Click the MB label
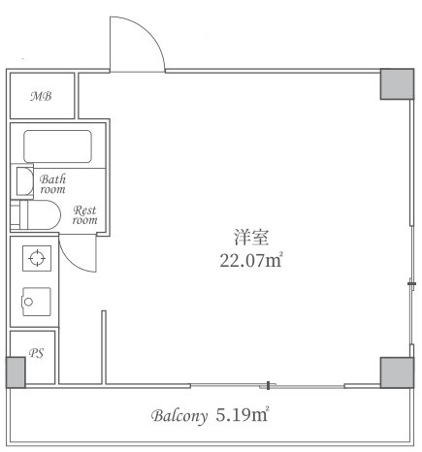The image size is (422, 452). pyautogui.click(x=40, y=96)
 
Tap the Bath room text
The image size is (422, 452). pyautogui.click(x=52, y=184)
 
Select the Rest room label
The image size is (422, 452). pyautogui.click(x=84, y=214)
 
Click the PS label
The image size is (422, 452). pyautogui.click(x=36, y=354)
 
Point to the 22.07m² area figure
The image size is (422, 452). pyautogui.click(x=250, y=259)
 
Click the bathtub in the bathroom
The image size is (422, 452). pyautogui.click(x=57, y=145)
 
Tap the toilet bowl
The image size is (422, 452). pyautogui.click(x=45, y=214)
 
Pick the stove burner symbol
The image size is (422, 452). pyautogui.click(x=36, y=258)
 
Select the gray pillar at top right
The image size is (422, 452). pyautogui.click(x=396, y=84)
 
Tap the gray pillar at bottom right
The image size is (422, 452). pyautogui.click(x=396, y=371)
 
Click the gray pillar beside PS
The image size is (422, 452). pyautogui.click(x=15, y=372)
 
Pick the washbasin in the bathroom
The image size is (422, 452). pyautogui.click(x=24, y=181)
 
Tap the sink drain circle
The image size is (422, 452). pyautogui.click(x=29, y=302)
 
